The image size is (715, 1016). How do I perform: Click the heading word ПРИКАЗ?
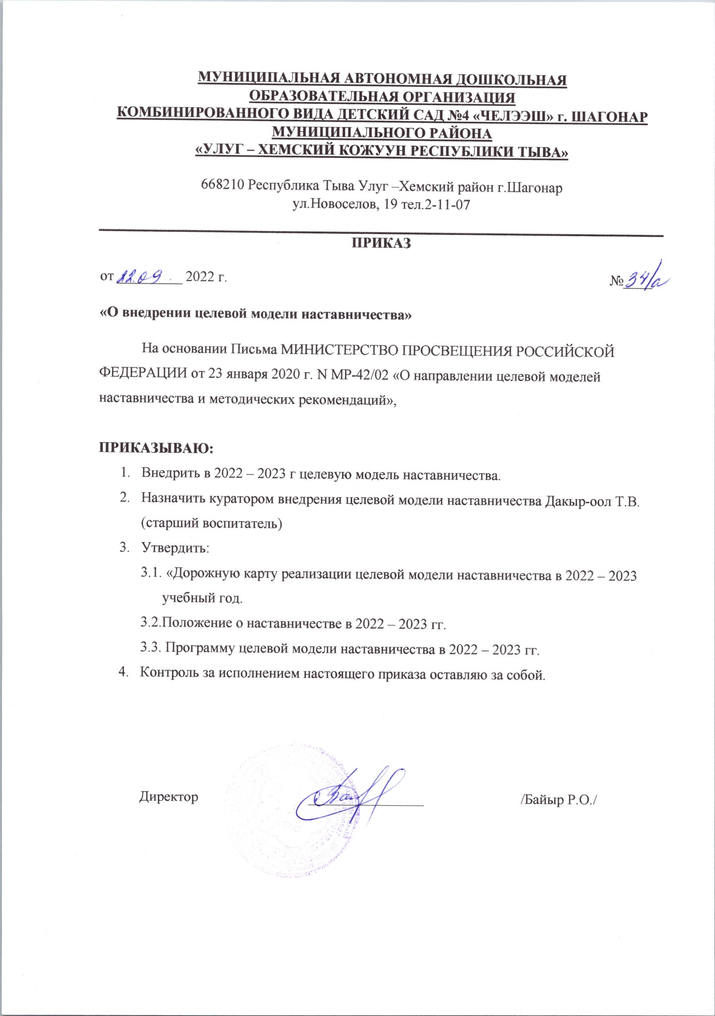point(381,243)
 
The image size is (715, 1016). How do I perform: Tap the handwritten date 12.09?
point(141,277)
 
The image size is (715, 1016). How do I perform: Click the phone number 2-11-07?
point(443,205)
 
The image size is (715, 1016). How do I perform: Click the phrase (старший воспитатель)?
point(212,523)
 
